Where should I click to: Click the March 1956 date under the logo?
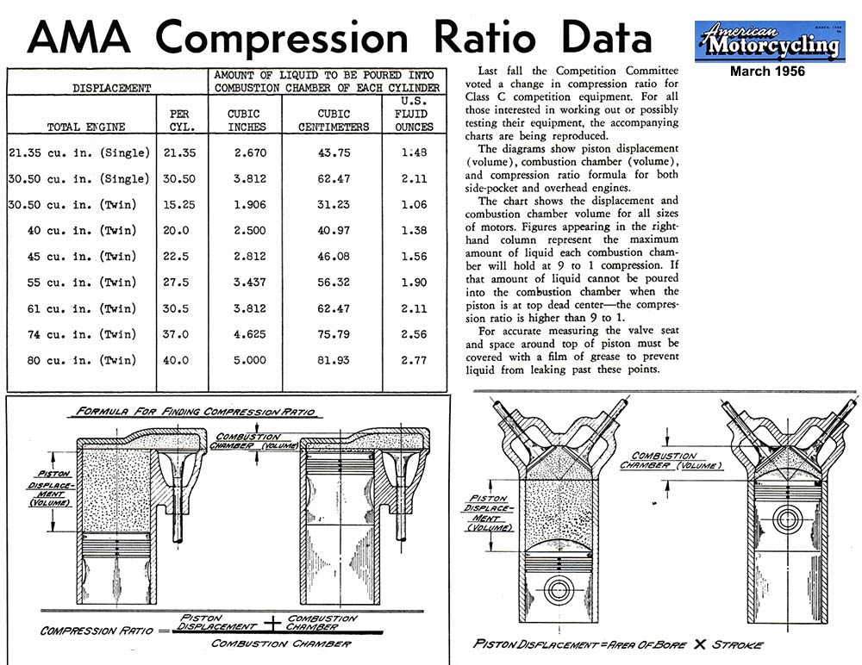click(x=767, y=71)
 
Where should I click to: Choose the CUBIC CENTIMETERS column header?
click(x=334, y=120)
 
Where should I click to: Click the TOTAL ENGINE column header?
click(x=85, y=127)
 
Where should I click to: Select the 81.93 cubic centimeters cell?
click(x=332, y=360)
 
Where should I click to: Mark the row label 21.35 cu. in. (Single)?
click(x=79, y=152)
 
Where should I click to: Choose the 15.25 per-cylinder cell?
click(x=183, y=205)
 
